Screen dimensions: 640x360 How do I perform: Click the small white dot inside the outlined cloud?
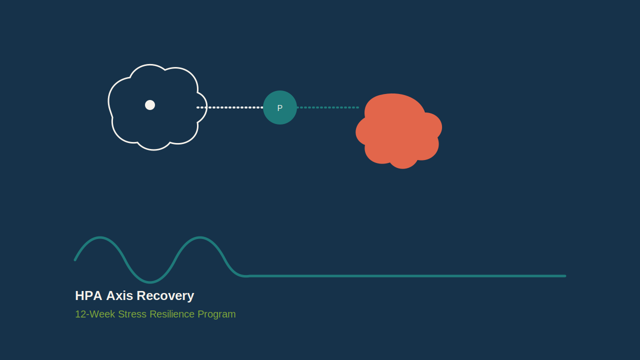(150, 105)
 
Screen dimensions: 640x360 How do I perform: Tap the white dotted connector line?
(229, 107)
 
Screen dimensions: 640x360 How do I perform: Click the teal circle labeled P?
(280, 107)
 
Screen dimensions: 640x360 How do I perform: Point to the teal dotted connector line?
(328, 107)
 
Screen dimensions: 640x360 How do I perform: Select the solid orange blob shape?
(398, 131)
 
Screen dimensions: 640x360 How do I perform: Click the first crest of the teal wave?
(99, 237)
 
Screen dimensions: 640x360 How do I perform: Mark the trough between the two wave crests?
(150, 282)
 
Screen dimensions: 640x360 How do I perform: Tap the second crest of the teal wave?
(199, 237)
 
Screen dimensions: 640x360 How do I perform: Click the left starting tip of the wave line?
(75, 260)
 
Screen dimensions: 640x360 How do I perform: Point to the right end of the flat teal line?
(565, 276)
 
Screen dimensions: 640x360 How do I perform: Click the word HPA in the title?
(88, 295)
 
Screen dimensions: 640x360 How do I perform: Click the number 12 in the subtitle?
(80, 314)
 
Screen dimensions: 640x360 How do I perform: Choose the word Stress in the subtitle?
(132, 314)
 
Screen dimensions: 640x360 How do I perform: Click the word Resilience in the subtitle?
(172, 314)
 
